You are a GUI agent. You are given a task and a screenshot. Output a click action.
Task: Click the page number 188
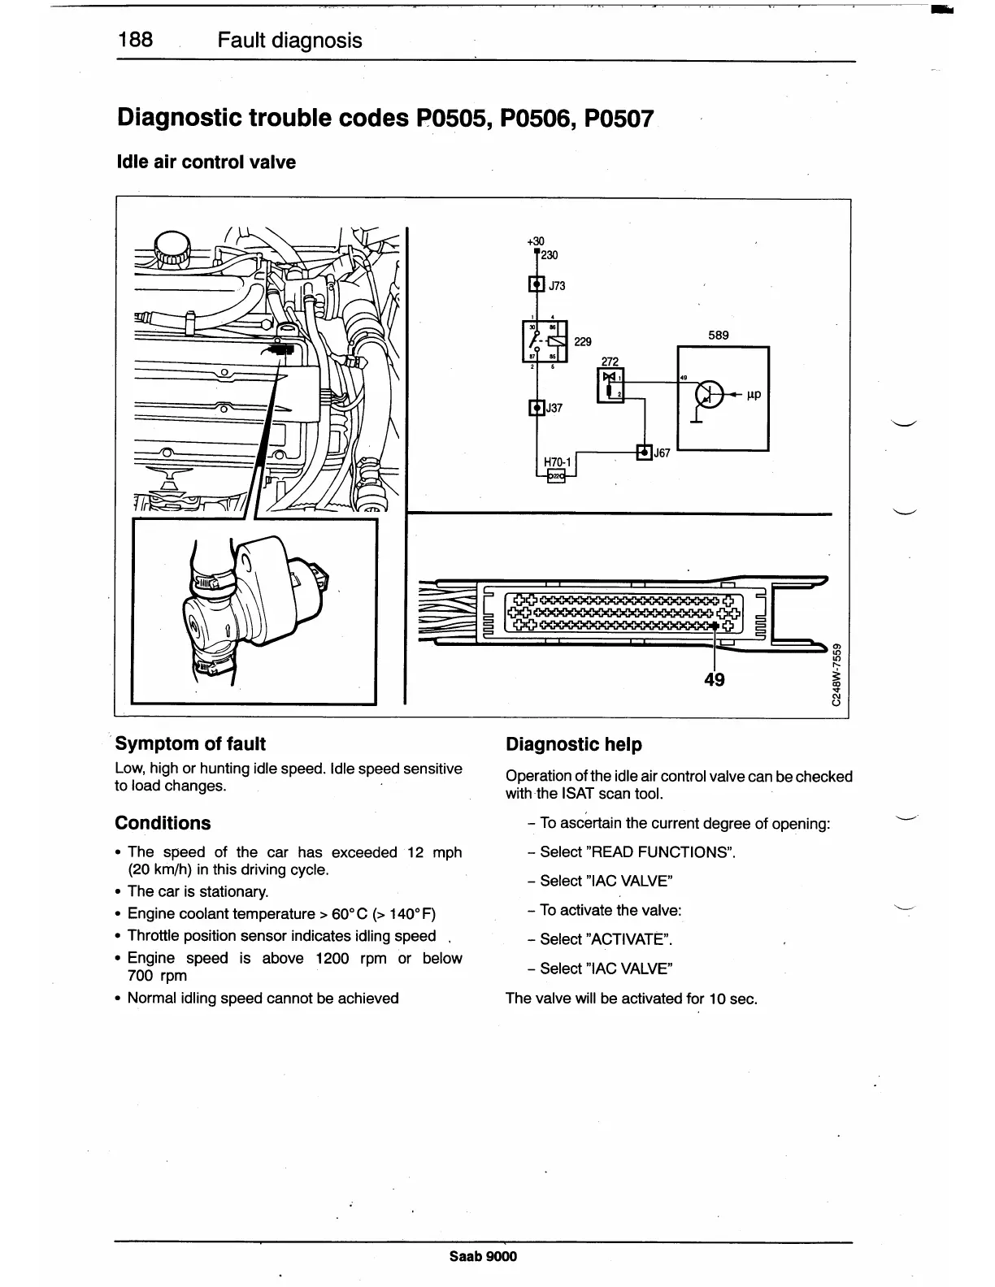[x=135, y=40]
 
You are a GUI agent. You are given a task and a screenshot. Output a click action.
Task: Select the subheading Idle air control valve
[x=206, y=162]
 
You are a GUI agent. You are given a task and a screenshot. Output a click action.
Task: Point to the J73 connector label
[x=557, y=286]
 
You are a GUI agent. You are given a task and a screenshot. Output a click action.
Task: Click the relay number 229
[x=583, y=342]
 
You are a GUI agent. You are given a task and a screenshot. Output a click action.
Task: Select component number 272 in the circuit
[x=610, y=361]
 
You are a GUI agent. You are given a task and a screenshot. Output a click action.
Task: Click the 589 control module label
[x=719, y=335]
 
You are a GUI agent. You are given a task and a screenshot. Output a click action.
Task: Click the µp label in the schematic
[x=754, y=395]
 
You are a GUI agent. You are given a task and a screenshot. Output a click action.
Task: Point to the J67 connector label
[x=662, y=453]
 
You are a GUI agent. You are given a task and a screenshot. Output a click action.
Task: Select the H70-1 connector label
[x=558, y=462]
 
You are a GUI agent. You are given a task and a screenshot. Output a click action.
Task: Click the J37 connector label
[x=554, y=408]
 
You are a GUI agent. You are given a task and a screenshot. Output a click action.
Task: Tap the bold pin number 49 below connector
[x=715, y=679]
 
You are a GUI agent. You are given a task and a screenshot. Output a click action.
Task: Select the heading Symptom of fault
[x=190, y=743]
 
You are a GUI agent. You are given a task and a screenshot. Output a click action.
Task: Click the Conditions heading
[x=163, y=823]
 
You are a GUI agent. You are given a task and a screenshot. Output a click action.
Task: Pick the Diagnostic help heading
[x=573, y=744]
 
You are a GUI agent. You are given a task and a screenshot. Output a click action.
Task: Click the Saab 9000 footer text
[x=483, y=1256]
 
